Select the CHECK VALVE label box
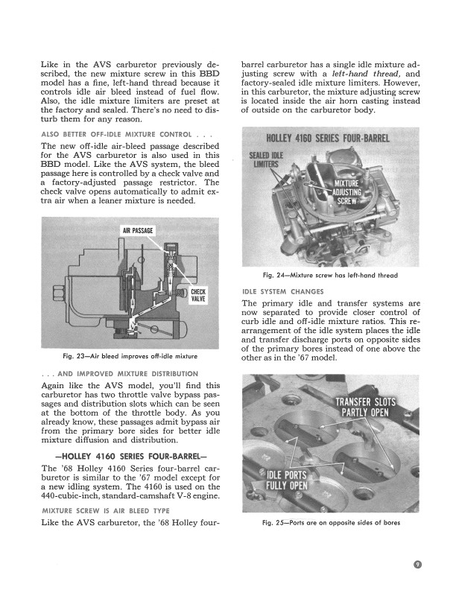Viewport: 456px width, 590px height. [x=200, y=294]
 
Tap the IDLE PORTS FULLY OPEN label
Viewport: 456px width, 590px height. [x=287, y=481]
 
